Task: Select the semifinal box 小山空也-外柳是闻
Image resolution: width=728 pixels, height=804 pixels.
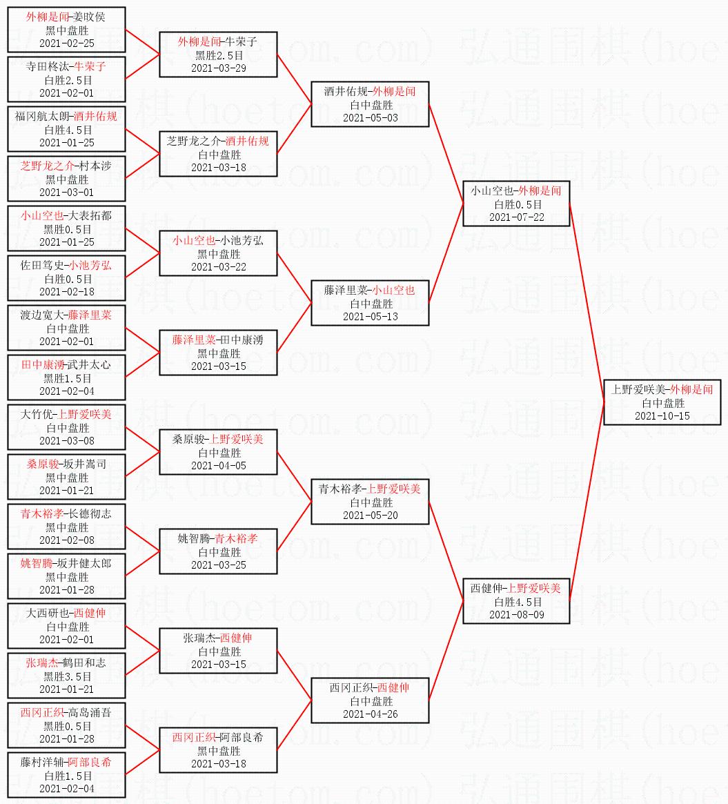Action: pyautogui.click(x=516, y=204)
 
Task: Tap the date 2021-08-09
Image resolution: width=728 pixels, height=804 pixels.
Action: pyautogui.click(x=516, y=615)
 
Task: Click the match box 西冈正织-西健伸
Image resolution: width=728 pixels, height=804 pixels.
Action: pyautogui.click(x=370, y=700)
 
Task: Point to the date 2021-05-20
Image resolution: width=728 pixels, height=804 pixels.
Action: pyautogui.click(x=370, y=516)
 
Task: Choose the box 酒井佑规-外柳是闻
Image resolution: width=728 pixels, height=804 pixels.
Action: pyautogui.click(x=370, y=104)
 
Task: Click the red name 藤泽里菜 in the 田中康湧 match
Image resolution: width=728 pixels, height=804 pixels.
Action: pyautogui.click(x=193, y=340)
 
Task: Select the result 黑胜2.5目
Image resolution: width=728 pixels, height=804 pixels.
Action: pyautogui.click(x=219, y=55)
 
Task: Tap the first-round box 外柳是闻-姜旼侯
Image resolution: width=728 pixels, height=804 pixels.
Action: pyautogui.click(x=66, y=30)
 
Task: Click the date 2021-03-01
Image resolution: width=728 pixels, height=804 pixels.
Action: pyautogui.click(x=66, y=193)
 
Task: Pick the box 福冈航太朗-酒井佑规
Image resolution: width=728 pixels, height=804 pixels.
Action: pyautogui.click(x=66, y=129)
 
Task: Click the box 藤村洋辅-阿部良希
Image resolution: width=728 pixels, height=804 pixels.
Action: pyautogui.click(x=66, y=775)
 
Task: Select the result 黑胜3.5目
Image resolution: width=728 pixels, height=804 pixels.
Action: pyautogui.click(x=66, y=676)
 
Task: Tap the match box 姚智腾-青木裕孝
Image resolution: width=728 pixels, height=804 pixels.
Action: pyautogui.click(x=218, y=551)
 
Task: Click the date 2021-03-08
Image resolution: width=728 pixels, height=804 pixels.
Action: pyautogui.click(x=66, y=441)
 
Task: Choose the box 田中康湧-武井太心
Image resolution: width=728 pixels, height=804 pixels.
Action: pyautogui.click(x=66, y=378)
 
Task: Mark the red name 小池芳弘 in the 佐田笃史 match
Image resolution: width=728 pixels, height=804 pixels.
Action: pyautogui.click(x=90, y=266)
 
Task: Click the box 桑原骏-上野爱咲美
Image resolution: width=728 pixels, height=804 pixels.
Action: pyautogui.click(x=218, y=452)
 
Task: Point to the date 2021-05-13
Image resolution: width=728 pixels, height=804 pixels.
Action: pyautogui.click(x=370, y=317)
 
